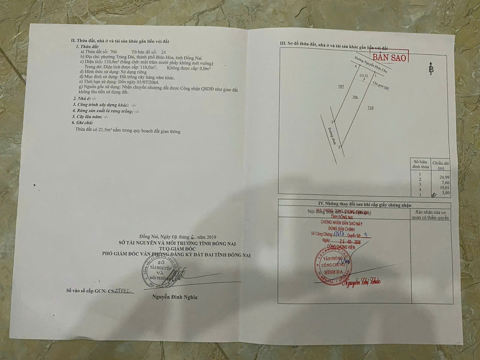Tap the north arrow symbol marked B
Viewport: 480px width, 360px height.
pos(431,69)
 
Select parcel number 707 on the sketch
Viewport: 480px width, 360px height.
pos(341,86)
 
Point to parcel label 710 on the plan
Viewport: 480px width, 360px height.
pos(370,108)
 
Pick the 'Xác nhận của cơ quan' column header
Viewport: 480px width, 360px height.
pos(432,214)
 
